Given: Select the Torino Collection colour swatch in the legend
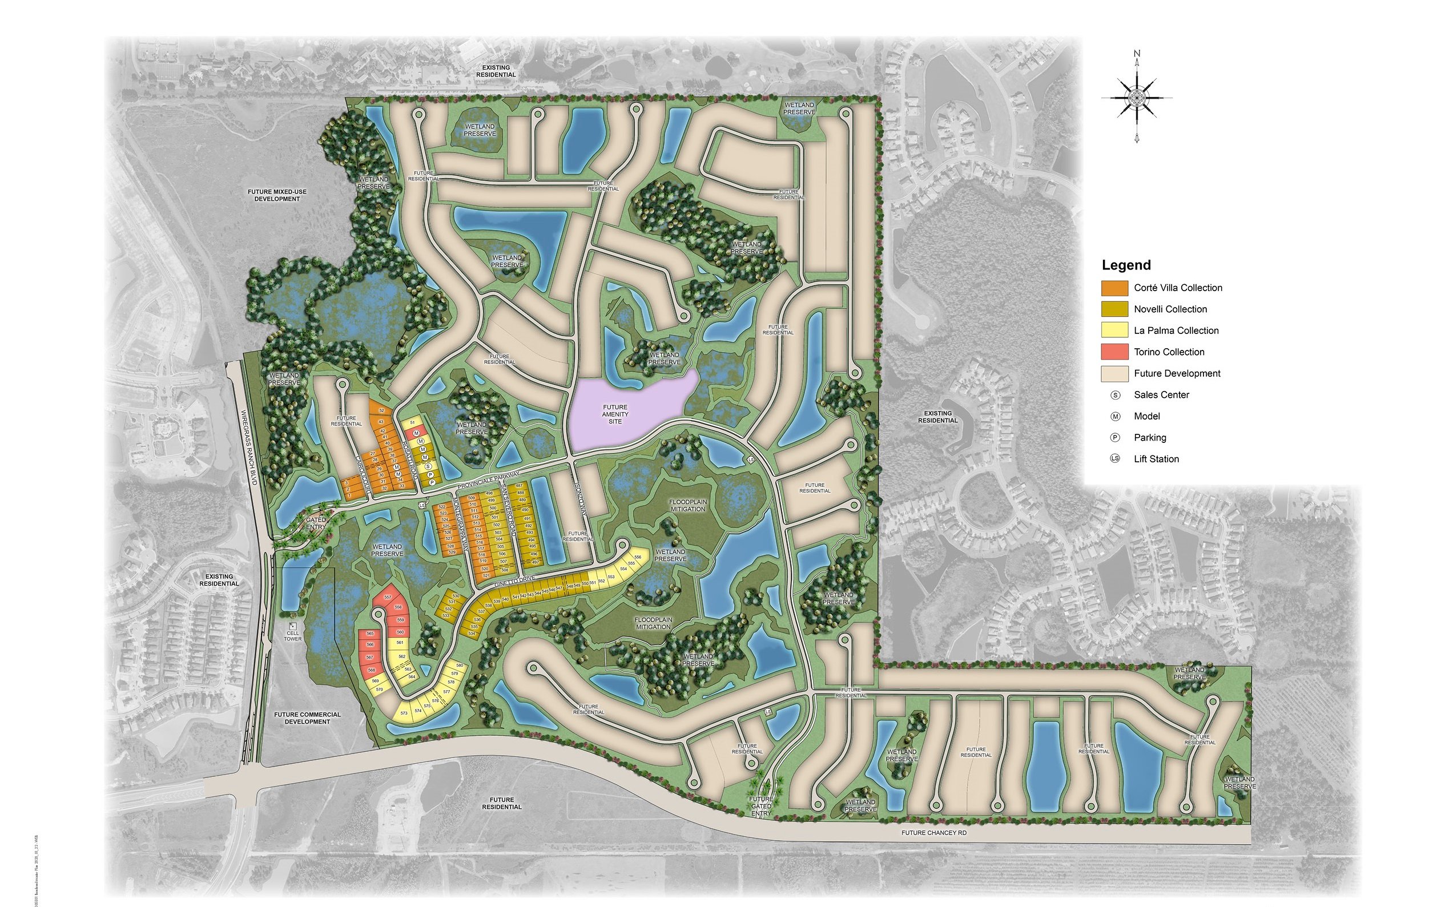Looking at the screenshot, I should point(1114,352).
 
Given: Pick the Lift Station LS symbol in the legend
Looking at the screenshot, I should point(1115,459).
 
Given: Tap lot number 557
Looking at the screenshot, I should point(387,597).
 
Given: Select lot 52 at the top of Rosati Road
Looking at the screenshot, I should point(381,410).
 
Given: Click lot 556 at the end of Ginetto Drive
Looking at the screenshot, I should point(637,557).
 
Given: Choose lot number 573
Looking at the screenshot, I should point(404,713).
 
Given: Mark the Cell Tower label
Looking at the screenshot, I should point(292,636).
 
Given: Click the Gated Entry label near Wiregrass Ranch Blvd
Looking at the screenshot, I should point(316,523).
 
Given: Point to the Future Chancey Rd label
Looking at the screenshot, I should point(934,833).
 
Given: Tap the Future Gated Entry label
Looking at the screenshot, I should point(761,806).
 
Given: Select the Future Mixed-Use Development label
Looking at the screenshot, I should point(277,195).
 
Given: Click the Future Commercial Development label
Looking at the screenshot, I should point(307,718).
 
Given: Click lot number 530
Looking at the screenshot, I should point(456,596).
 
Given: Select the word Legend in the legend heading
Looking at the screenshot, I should point(1126,265).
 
